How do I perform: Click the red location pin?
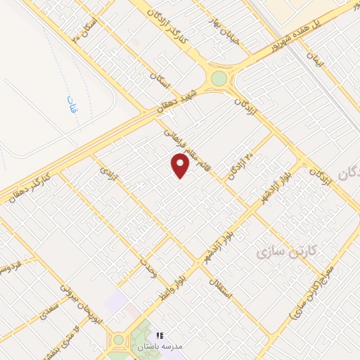click(x=180, y=165)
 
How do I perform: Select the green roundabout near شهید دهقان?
click(x=220, y=77)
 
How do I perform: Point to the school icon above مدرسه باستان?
click(x=160, y=335)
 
